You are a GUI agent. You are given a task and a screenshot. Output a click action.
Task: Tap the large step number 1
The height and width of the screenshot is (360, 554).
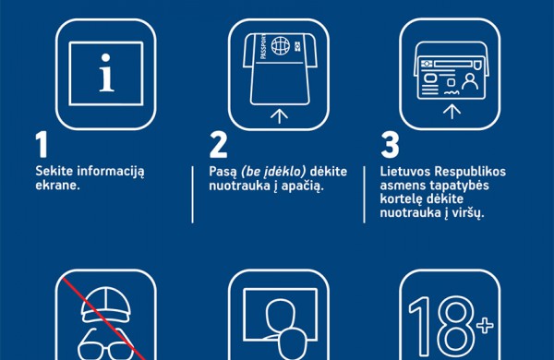41,147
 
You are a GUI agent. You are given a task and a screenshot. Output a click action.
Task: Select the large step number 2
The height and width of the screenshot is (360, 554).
219,147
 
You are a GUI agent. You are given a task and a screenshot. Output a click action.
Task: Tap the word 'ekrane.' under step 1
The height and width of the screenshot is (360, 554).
58,186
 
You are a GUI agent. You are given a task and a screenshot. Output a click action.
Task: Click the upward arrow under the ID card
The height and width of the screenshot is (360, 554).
452,112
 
